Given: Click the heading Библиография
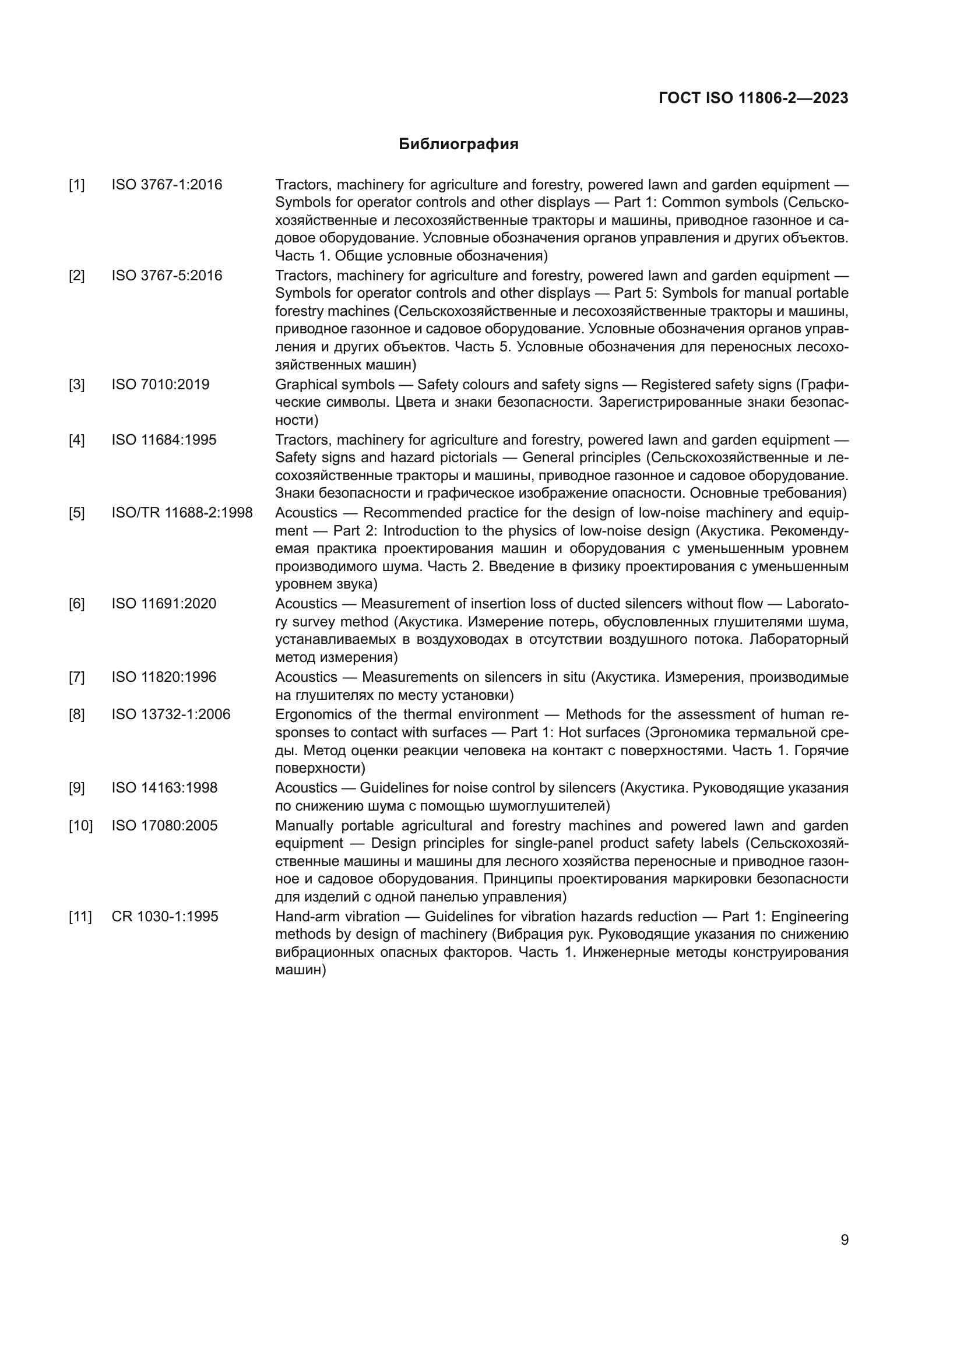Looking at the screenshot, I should (x=458, y=145).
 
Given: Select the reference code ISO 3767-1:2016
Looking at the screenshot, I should (x=167, y=185).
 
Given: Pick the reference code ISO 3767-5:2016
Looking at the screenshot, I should (x=167, y=276).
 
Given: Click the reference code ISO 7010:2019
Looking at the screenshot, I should (x=160, y=385).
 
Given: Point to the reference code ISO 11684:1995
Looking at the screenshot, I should (x=164, y=440).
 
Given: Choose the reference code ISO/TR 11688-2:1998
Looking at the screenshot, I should (x=182, y=513).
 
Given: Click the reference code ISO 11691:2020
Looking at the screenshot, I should (x=164, y=604).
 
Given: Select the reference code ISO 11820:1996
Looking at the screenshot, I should (x=164, y=677).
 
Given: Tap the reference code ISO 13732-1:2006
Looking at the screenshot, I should (x=170, y=715).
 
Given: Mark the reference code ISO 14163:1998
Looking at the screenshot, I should (x=164, y=788).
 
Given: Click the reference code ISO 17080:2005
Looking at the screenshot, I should (x=164, y=826).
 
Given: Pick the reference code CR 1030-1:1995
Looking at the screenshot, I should (x=164, y=917).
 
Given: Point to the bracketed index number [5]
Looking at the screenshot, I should (x=77, y=513).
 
